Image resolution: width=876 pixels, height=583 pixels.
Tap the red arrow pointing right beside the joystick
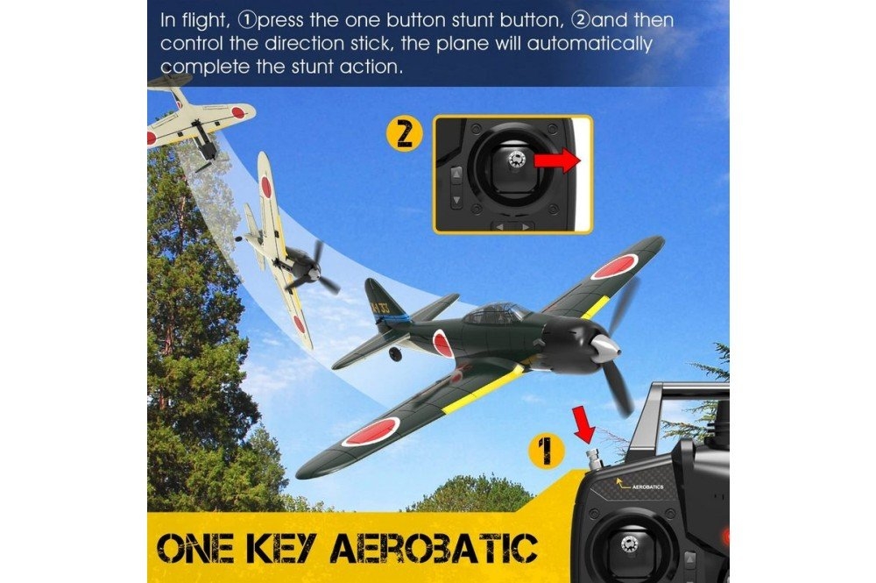click(x=557, y=161)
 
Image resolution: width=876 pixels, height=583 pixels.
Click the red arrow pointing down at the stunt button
click(x=583, y=423)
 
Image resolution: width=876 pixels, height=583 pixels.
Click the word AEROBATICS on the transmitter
click(x=647, y=487)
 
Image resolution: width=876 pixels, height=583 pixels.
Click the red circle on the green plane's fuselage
click(x=442, y=343)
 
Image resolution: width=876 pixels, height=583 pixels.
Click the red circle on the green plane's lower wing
click(x=371, y=430)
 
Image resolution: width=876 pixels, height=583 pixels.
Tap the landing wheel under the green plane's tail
click(x=396, y=354)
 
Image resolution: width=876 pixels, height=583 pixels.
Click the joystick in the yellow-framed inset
click(x=514, y=161)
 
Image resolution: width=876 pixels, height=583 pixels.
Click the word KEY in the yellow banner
click(x=285, y=548)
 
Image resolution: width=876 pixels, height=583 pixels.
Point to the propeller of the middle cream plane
click(x=314, y=267)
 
